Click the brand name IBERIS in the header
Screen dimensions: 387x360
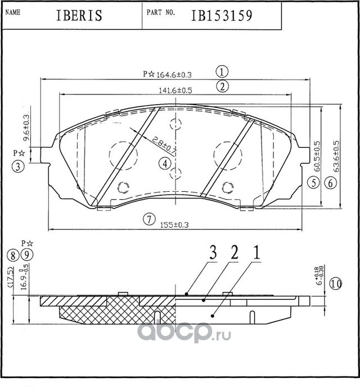(79, 15)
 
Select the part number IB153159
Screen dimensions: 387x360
(213, 15)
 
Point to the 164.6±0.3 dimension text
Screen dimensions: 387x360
(173, 74)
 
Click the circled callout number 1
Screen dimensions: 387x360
(223, 71)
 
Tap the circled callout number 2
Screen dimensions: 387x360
(223, 87)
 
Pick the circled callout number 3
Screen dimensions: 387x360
(18, 166)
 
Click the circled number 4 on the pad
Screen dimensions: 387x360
(164, 163)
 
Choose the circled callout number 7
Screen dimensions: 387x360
(148, 219)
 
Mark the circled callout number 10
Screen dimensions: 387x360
(336, 283)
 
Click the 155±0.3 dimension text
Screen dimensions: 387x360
(175, 225)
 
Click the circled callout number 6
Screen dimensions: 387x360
(330, 182)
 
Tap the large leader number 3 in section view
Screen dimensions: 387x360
(213, 253)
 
